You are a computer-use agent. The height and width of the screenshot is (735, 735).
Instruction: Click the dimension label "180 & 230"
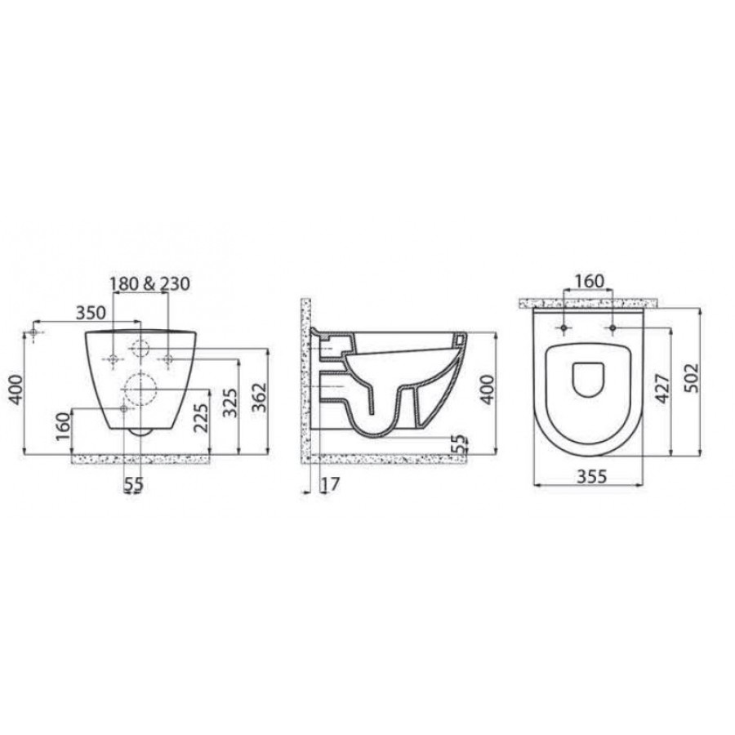coord(150,283)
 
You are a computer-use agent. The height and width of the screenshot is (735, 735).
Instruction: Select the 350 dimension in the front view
coord(91,312)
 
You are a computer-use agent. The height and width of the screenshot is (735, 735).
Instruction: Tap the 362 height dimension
coord(259,398)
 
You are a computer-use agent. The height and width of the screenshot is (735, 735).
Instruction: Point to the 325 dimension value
coord(229,403)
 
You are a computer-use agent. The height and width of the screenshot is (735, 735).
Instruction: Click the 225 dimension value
coord(200,418)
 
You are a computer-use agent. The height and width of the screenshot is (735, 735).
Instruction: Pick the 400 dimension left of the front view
coord(16,389)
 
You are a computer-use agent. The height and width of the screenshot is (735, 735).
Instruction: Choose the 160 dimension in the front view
coord(62,426)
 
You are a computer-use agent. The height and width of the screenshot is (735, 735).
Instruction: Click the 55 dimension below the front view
coord(134,484)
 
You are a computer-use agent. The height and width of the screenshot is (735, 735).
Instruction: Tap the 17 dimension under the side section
coord(330,484)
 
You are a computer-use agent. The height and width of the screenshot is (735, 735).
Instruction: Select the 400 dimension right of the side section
coord(488,390)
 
